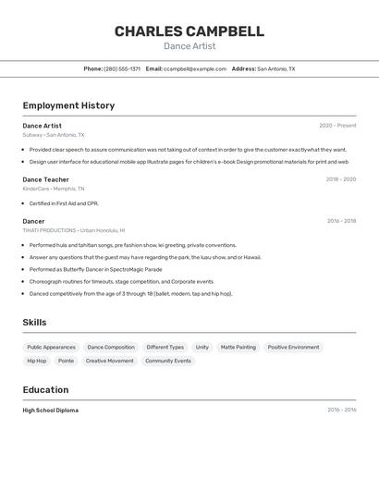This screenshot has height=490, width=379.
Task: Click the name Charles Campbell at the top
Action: pyautogui.click(x=189, y=31)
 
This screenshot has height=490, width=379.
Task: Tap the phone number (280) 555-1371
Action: pyautogui.click(x=122, y=68)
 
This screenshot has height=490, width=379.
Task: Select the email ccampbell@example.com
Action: pyautogui.click(x=195, y=68)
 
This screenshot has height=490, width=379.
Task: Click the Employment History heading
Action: pyautogui.click(x=68, y=105)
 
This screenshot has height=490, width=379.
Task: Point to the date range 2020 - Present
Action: pyautogui.click(x=337, y=126)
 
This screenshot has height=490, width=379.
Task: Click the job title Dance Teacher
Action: pyautogui.click(x=45, y=179)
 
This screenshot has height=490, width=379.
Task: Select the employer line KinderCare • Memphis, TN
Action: pyautogui.click(x=54, y=189)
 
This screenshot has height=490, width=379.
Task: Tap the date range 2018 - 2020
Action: pyautogui.click(x=340, y=179)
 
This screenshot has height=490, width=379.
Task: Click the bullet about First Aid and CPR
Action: pyautogui.click(x=64, y=203)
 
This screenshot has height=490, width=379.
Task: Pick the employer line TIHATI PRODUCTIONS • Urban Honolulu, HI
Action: pyautogui.click(x=74, y=230)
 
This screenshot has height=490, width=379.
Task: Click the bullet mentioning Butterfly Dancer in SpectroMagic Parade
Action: pyautogui.click(x=95, y=269)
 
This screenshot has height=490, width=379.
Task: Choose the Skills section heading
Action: pyautogui.click(x=34, y=323)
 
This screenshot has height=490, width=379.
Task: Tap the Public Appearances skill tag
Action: pyautogui.click(x=51, y=348)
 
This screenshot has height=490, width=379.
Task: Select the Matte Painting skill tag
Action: pyautogui.click(x=238, y=348)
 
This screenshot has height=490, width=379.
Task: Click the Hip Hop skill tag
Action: pyautogui.click(x=37, y=361)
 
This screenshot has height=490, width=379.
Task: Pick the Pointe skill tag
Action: pyautogui.click(x=67, y=361)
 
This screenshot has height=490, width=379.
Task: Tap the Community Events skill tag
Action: pyautogui.click(x=168, y=361)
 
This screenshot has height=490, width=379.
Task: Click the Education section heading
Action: pyautogui.click(x=45, y=390)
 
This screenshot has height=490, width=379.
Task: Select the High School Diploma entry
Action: pyautogui.click(x=51, y=410)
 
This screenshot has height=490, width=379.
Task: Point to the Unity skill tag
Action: pyautogui.click(x=202, y=348)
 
